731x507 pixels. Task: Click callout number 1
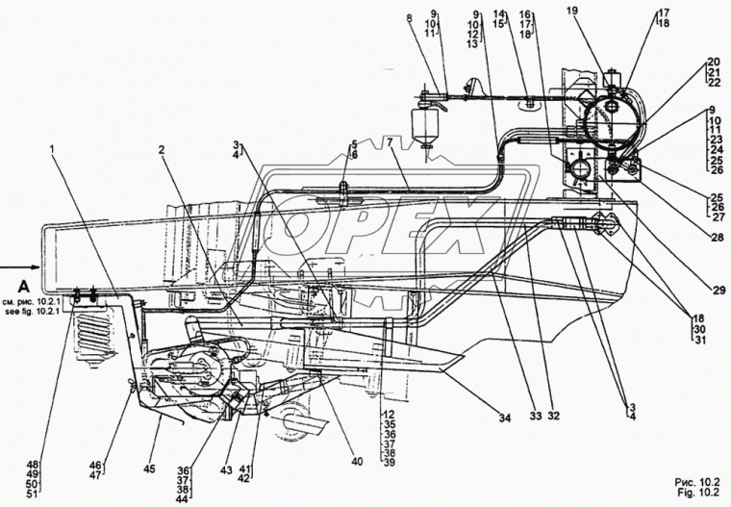[52, 149]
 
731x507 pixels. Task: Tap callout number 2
[162, 150]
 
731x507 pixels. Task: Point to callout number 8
[410, 18]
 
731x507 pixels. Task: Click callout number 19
[572, 11]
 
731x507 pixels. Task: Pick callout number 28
[718, 239]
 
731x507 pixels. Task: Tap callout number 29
[719, 291]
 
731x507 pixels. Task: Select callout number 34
[505, 418]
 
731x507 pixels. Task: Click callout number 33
[536, 416]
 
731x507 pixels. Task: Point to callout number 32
[553, 416]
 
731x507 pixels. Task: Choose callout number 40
[357, 462]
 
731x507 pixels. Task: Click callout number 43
[226, 470]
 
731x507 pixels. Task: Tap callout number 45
[149, 469]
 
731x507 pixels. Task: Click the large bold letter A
[22, 286]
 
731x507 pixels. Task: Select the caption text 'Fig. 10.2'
[697, 493]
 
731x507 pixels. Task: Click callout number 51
[32, 494]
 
